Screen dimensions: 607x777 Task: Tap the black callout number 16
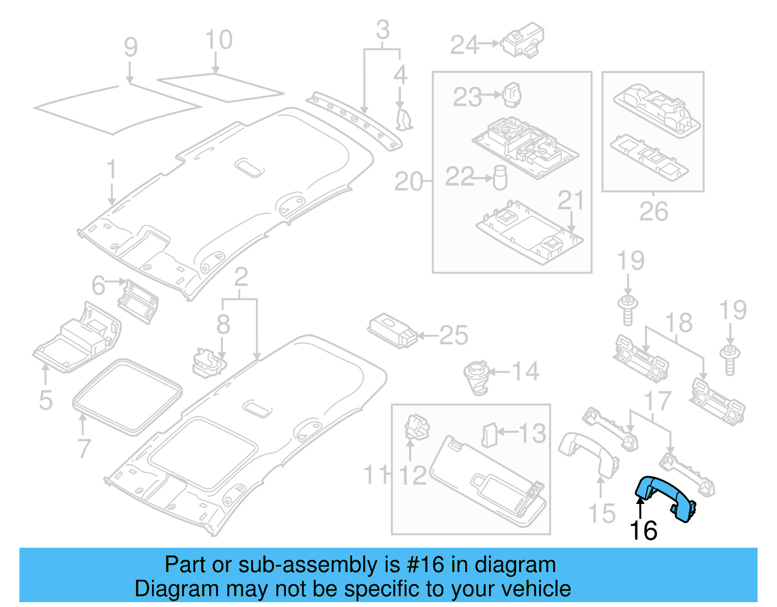[643, 531]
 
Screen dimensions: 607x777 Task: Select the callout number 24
[464, 45]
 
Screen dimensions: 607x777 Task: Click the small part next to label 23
[511, 94]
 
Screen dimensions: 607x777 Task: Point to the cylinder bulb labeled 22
[500, 178]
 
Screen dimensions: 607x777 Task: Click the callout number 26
[653, 211]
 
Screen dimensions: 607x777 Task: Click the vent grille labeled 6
[138, 301]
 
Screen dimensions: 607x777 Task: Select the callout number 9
[131, 47]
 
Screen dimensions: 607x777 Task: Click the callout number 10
[219, 40]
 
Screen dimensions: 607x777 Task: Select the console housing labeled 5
[78, 340]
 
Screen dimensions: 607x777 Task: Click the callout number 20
[408, 182]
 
